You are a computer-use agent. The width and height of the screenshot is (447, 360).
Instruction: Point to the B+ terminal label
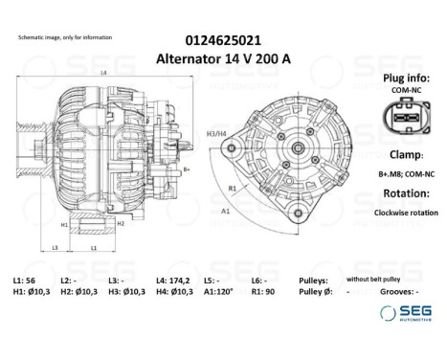(188, 169)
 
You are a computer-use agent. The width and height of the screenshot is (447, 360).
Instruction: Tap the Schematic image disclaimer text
(65, 36)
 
